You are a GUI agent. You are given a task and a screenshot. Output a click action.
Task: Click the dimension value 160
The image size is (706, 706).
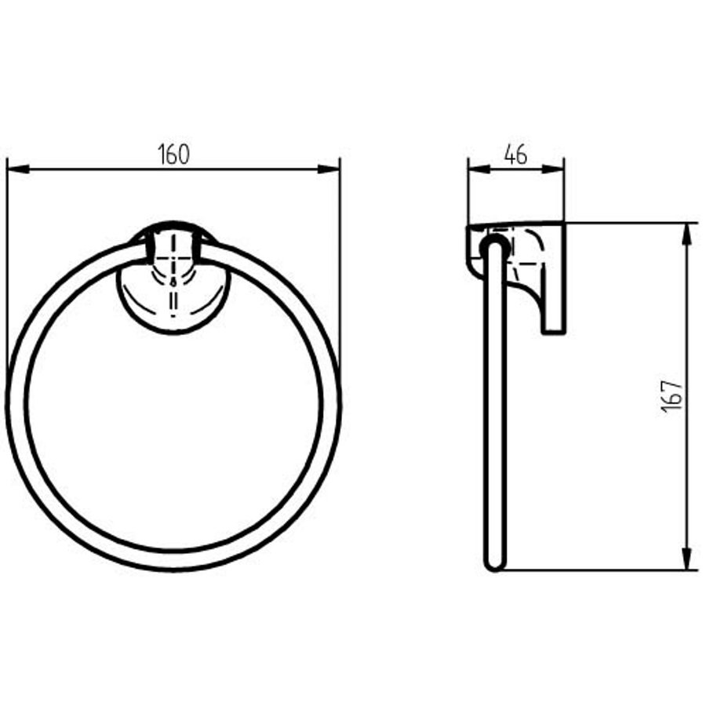tap(173, 155)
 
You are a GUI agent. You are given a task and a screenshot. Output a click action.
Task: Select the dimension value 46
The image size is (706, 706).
tap(515, 155)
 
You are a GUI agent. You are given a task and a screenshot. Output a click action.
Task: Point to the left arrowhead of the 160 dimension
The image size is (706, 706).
tap(16, 169)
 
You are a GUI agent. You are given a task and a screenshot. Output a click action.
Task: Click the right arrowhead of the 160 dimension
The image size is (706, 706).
tap(331, 169)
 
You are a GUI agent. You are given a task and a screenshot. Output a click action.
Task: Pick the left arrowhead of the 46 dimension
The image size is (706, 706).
tap(476, 168)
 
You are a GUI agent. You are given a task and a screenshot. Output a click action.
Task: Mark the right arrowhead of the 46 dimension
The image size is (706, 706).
tap(555, 168)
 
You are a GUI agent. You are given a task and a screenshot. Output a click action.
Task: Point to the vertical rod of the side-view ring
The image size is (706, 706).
tap(493, 408)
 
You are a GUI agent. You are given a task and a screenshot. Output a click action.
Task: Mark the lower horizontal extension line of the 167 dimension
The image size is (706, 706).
tap(596, 570)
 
